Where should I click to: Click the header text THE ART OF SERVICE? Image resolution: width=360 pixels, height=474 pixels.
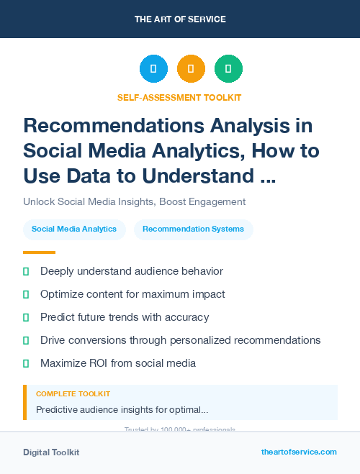[179, 19]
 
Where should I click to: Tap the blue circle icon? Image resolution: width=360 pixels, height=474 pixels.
[153, 69]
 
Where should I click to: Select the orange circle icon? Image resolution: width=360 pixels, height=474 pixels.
[191, 69]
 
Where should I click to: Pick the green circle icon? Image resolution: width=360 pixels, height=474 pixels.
[228, 69]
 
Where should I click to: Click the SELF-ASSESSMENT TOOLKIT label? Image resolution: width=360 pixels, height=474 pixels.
[179, 97]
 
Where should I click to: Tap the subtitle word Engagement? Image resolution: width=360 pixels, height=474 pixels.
[215, 202]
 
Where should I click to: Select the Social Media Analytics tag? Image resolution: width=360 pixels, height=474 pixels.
[74, 229]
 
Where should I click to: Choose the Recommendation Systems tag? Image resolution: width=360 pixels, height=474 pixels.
[193, 229]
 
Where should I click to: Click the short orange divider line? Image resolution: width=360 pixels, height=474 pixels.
[39, 252]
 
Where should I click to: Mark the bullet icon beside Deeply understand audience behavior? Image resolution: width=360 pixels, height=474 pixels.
[26, 271]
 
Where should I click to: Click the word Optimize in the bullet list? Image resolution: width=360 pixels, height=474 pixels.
[62, 294]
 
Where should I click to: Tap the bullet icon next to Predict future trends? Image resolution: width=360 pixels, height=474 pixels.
[26, 317]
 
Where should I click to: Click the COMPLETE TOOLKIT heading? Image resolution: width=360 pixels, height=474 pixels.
[73, 394]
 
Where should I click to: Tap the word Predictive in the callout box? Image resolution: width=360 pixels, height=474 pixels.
[58, 409]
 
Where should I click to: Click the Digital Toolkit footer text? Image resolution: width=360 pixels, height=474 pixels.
[51, 452]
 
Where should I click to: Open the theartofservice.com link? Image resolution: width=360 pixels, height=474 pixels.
[299, 452]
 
